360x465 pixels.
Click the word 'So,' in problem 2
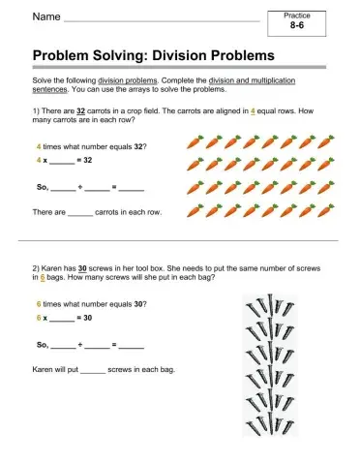pos(41,343)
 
